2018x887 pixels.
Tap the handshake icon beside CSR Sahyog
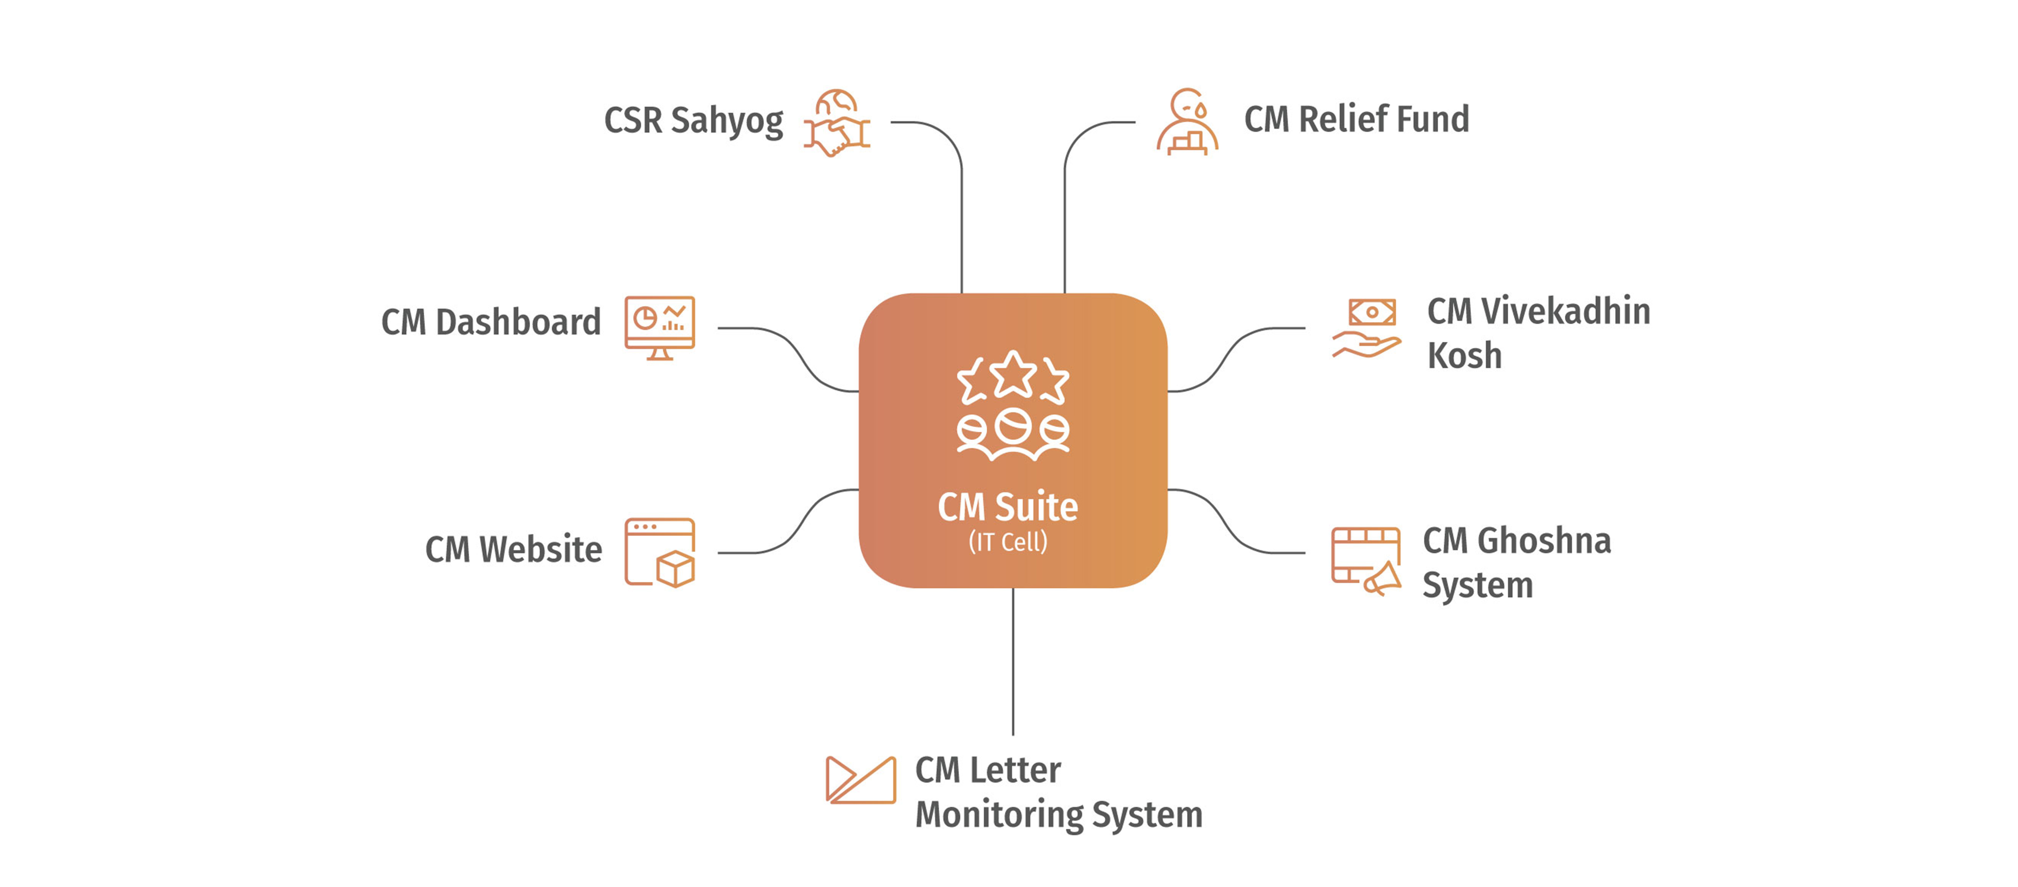(837, 124)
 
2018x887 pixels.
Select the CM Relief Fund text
(1356, 120)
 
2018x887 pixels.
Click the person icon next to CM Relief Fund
(1188, 122)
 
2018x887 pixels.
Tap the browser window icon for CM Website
(660, 553)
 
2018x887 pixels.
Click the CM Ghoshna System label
(1516, 562)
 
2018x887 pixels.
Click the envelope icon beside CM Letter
(860, 781)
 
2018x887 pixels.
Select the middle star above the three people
(1013, 375)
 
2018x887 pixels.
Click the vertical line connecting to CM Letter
(1013, 662)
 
